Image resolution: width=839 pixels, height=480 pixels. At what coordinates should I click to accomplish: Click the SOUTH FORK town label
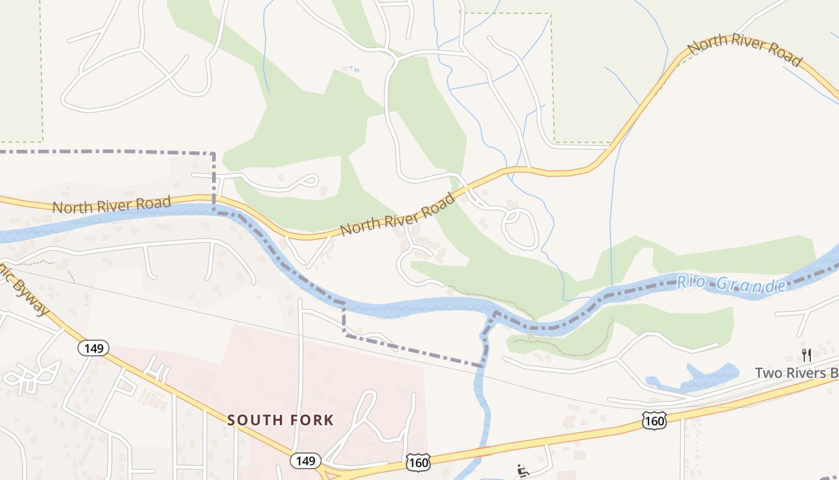point(280,420)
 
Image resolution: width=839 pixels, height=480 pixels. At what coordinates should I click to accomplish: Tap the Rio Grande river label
point(732,283)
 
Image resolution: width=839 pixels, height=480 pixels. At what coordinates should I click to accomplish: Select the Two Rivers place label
point(796,373)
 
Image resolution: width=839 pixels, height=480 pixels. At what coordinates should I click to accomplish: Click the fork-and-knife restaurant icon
point(806,355)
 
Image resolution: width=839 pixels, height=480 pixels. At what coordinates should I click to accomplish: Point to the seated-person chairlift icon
point(523,470)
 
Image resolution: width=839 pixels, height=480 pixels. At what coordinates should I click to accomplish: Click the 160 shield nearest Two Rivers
point(654,421)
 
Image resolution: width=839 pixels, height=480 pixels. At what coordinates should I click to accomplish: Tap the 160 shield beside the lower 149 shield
point(417,462)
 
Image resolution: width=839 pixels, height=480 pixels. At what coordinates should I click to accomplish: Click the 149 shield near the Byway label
point(94,348)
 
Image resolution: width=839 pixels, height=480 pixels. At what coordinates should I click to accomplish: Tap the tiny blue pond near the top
point(355,70)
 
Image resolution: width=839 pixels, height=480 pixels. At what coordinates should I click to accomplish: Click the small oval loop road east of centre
point(519,229)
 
